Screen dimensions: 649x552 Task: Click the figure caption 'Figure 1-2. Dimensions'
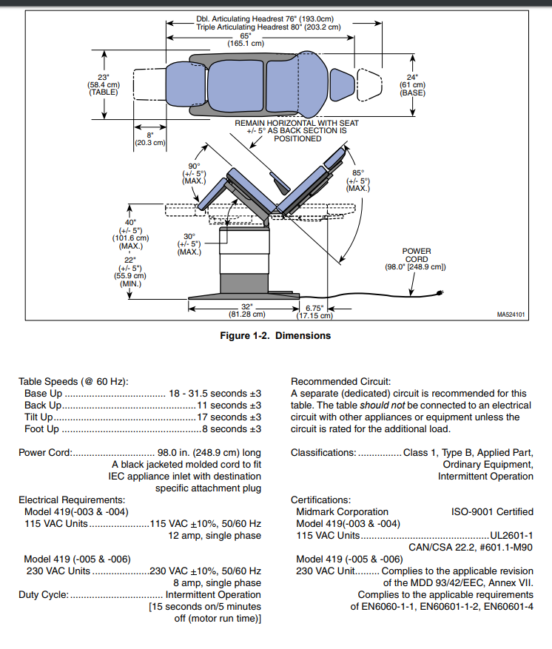(x=276, y=335)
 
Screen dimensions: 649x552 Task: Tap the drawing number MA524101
(x=511, y=314)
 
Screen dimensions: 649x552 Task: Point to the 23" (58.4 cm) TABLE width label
(x=103, y=84)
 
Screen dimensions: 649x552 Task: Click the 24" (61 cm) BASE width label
(x=412, y=84)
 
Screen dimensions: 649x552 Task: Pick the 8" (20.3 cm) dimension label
(x=149, y=138)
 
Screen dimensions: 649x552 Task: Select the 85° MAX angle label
(x=358, y=181)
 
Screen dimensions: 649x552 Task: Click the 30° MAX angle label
(x=189, y=244)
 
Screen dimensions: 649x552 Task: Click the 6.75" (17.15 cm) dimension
(x=314, y=311)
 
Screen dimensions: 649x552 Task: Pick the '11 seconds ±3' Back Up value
(x=229, y=406)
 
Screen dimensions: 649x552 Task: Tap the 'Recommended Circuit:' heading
(x=340, y=381)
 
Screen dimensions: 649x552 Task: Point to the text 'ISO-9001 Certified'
(x=492, y=511)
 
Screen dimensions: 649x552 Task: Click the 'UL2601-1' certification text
(x=511, y=535)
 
